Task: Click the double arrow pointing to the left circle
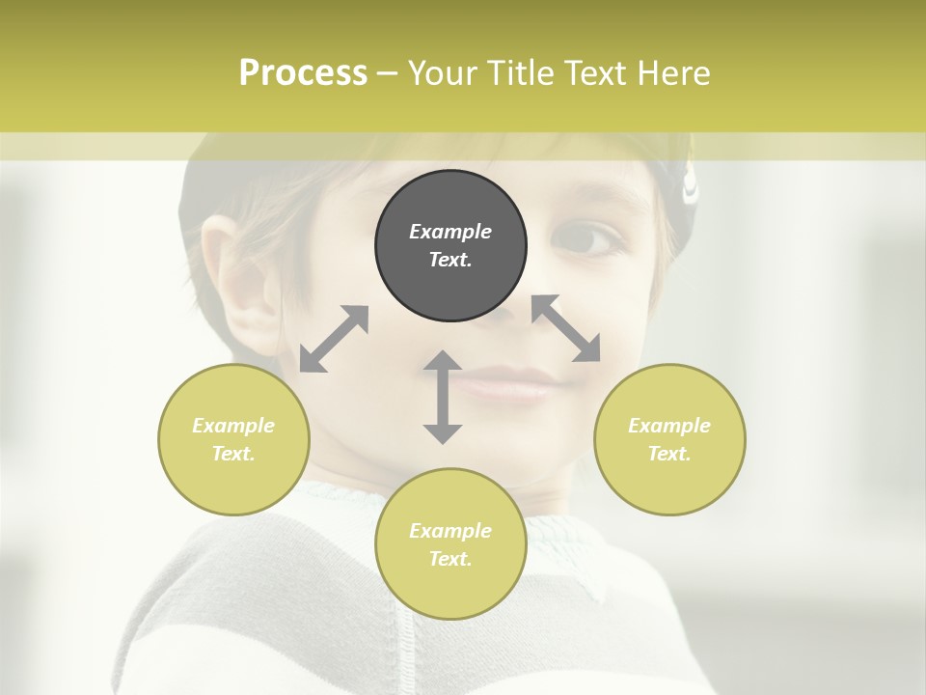(x=334, y=339)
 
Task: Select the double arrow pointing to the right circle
(x=566, y=328)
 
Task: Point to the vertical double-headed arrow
(x=443, y=397)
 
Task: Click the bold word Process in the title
(x=303, y=73)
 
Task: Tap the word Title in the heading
(x=520, y=73)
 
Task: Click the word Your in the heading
(x=443, y=73)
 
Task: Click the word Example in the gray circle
(x=450, y=232)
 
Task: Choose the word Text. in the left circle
(x=233, y=454)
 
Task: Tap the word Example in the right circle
(x=669, y=426)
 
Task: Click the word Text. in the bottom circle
(x=450, y=559)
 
